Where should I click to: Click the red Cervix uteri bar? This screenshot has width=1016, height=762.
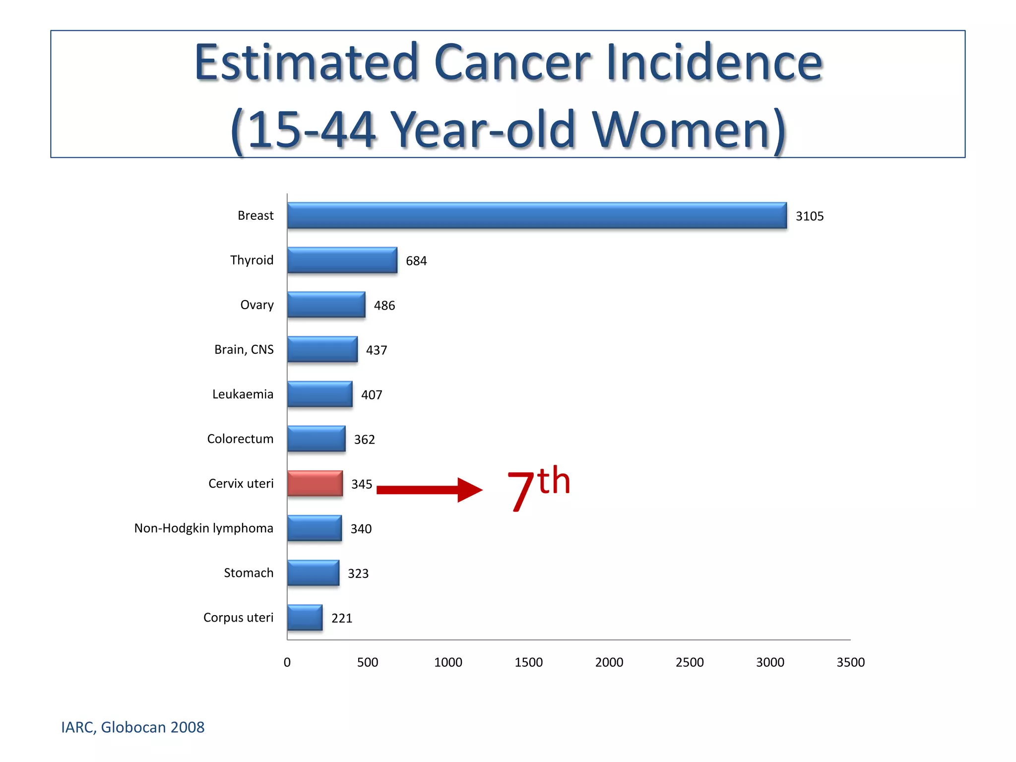coord(315,483)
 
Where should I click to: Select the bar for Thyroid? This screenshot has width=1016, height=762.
coord(342,260)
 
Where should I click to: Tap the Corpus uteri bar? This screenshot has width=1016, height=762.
coord(305,617)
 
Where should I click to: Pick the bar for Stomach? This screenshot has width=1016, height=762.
coord(314,572)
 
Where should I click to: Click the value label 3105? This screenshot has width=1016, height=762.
coord(809,216)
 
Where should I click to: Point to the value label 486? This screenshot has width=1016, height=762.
coord(384,306)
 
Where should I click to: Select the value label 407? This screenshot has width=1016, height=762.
coord(372,395)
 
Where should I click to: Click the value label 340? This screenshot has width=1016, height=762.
coord(361,529)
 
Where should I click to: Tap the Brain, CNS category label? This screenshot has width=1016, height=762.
coord(244,350)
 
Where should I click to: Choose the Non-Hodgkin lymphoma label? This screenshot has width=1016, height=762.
coord(203,528)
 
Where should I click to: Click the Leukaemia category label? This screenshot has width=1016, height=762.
coord(243,394)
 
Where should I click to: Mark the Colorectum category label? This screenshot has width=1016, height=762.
coord(240,439)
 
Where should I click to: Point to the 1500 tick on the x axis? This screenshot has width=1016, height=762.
coord(528,662)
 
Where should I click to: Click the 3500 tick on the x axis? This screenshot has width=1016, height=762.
coord(850,662)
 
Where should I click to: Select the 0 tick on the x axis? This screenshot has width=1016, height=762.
coord(287,662)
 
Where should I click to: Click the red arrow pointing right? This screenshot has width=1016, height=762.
coord(429,490)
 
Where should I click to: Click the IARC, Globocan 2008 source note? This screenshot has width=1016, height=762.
coord(132,727)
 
